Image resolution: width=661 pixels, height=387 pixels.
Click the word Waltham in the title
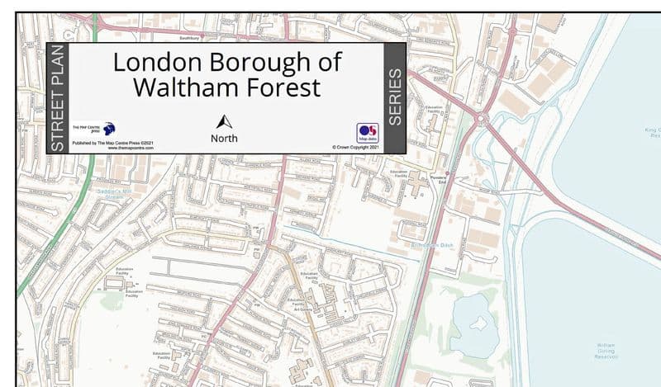coord(178,87)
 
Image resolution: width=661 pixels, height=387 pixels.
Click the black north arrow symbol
coord(224,120)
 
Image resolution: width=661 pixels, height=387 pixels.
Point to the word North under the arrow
coord(224,138)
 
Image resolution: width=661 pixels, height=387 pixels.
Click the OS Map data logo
coord(368,134)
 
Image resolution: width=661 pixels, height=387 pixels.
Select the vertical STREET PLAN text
coord(57,98)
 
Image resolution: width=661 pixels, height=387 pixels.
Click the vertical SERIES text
coord(395,97)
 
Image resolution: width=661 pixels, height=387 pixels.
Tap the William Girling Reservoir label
coord(606,350)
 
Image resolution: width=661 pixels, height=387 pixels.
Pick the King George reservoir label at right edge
coord(653,132)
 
